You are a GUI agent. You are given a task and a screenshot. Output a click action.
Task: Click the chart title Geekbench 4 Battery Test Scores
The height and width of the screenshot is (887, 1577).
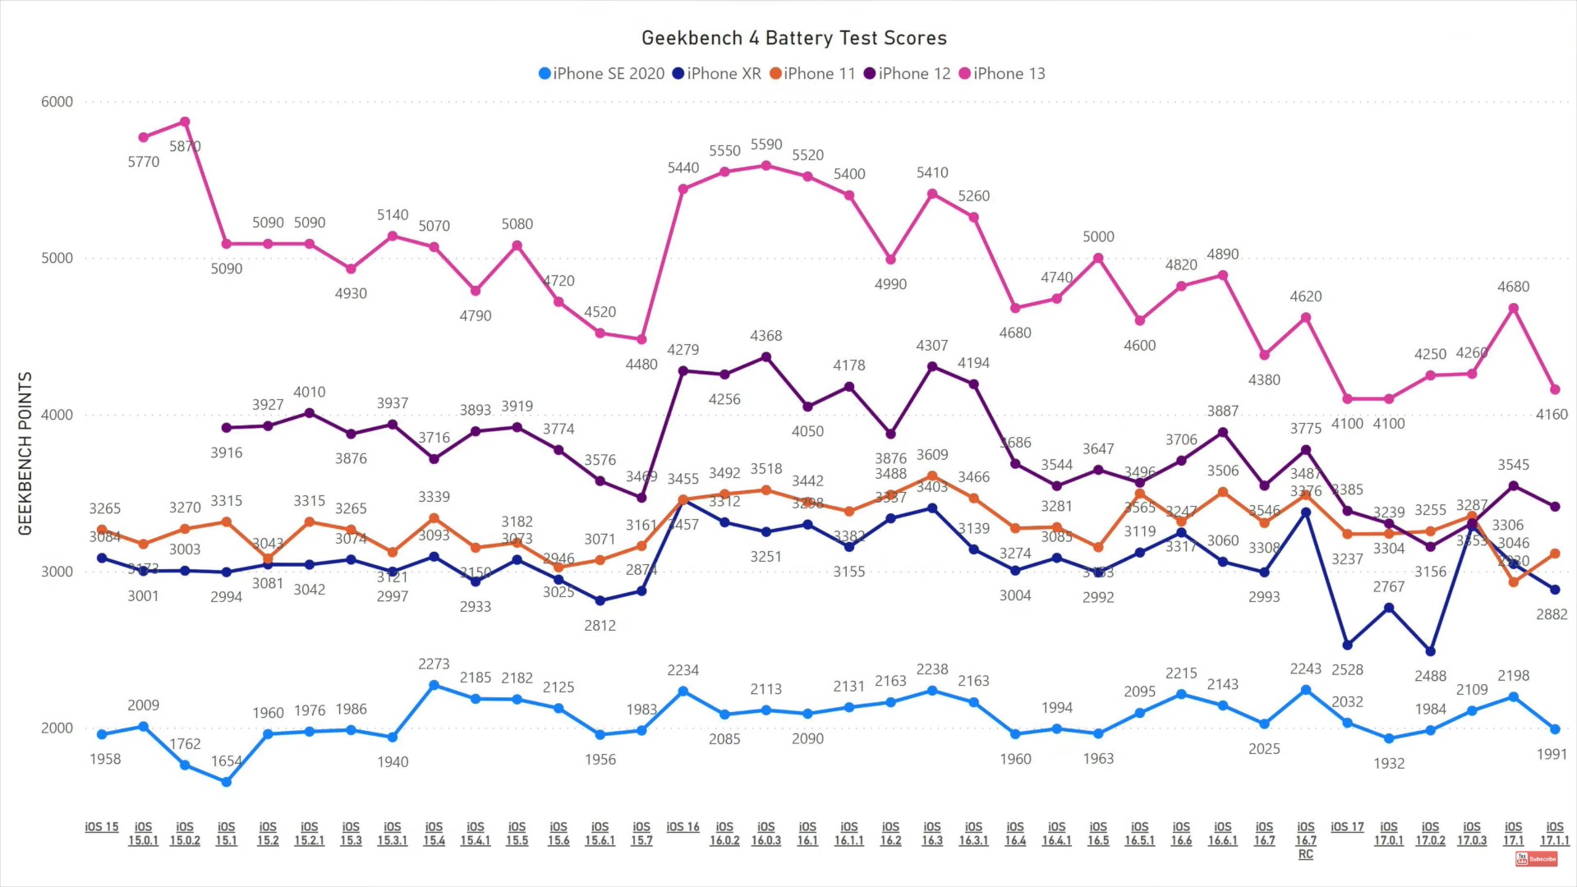[x=793, y=39]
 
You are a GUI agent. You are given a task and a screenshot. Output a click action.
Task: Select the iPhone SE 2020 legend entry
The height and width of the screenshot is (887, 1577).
[x=601, y=74]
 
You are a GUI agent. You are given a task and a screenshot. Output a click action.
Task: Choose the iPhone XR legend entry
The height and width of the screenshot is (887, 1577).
[x=716, y=74]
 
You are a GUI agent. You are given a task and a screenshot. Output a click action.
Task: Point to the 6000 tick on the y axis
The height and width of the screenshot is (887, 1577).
[x=57, y=102]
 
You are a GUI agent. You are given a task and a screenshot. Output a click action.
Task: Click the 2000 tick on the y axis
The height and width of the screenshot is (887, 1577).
[x=57, y=728]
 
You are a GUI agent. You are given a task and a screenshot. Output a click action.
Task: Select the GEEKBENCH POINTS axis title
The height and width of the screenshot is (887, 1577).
[x=25, y=453]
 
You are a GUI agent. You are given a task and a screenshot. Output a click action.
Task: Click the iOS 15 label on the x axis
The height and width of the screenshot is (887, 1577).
[x=102, y=827]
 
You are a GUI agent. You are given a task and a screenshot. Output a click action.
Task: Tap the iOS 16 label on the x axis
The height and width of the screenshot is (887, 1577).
[x=683, y=827]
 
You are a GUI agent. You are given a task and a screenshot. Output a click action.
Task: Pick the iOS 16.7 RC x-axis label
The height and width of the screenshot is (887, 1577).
[x=1305, y=840]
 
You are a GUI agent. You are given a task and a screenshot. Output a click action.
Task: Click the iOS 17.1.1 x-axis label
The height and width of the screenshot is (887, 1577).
[x=1554, y=834]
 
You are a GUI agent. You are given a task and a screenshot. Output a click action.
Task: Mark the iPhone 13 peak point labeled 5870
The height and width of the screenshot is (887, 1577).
[x=185, y=122]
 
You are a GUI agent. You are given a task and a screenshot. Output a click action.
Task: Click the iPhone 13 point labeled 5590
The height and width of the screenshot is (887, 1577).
[x=766, y=166]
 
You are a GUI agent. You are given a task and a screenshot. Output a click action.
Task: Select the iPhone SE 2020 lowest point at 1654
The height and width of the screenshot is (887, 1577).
[x=226, y=782]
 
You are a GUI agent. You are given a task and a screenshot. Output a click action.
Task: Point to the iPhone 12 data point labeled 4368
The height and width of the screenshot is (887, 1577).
[x=766, y=357]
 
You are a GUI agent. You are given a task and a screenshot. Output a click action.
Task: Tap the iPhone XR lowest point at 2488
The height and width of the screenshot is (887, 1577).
[x=1431, y=651]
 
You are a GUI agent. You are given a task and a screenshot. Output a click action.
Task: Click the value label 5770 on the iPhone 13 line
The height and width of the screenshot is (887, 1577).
[x=144, y=162]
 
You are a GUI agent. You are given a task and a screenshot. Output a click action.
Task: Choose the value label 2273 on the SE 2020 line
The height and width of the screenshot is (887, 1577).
[x=434, y=664]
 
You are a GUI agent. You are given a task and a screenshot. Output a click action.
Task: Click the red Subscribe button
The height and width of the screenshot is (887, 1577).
[x=1536, y=859]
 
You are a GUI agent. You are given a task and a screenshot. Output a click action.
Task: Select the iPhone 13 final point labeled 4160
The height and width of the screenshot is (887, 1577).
[x=1555, y=389]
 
